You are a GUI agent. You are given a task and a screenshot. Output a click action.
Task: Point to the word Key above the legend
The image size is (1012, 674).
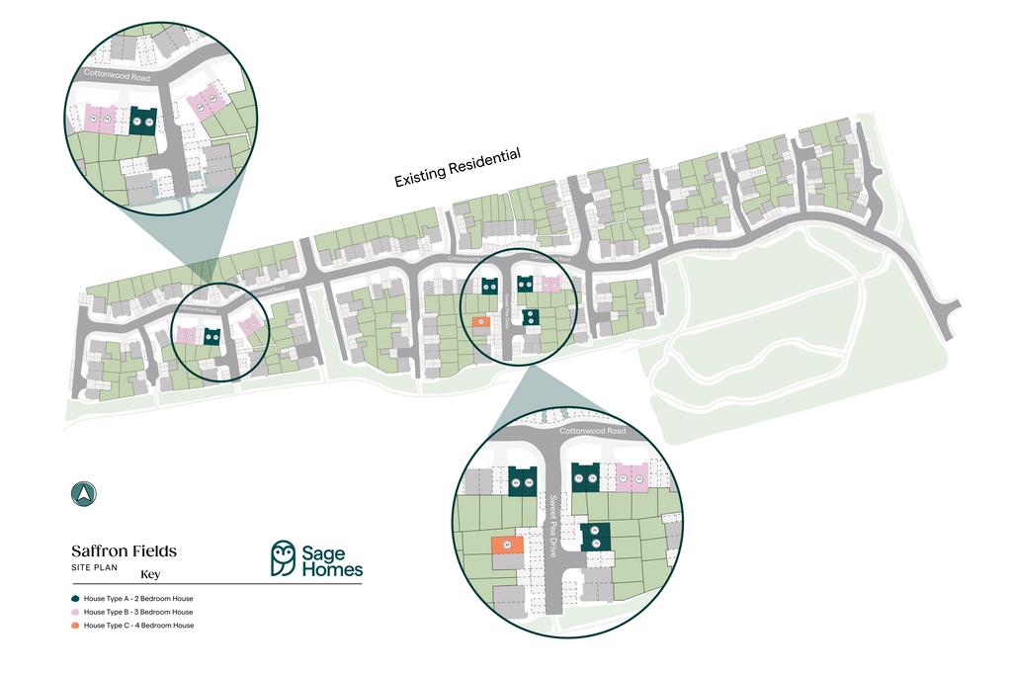click(x=150, y=574)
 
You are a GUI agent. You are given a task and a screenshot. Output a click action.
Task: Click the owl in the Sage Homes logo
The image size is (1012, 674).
click(x=284, y=558)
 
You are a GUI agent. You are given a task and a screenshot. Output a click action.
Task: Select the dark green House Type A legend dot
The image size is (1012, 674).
click(x=75, y=599)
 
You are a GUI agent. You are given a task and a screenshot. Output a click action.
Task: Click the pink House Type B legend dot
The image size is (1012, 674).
click(x=75, y=613)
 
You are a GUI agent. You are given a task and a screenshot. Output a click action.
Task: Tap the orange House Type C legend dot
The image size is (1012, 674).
click(x=75, y=626)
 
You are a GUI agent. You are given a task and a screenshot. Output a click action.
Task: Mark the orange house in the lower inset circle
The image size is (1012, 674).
click(x=507, y=545)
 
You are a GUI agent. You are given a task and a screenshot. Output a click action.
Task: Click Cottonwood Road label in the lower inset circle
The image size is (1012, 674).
click(x=593, y=432)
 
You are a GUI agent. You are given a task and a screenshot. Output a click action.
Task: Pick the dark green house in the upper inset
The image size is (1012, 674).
click(x=143, y=121)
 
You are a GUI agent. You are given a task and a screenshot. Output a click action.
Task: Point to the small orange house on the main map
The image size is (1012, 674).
click(x=479, y=321)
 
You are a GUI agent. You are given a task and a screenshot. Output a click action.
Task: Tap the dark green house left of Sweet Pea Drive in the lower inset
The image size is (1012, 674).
click(x=522, y=479)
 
